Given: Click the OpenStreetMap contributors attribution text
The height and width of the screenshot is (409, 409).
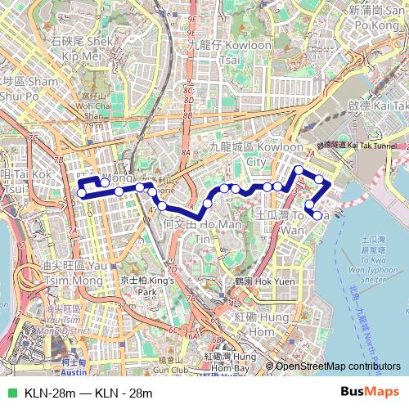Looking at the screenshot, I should click(339, 366).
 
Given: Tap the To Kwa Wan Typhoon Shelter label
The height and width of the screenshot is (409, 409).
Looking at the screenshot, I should click(372, 258).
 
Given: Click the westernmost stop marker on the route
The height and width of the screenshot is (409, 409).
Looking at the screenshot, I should click(82, 194).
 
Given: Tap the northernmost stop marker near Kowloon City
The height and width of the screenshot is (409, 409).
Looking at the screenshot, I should click(299, 170).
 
